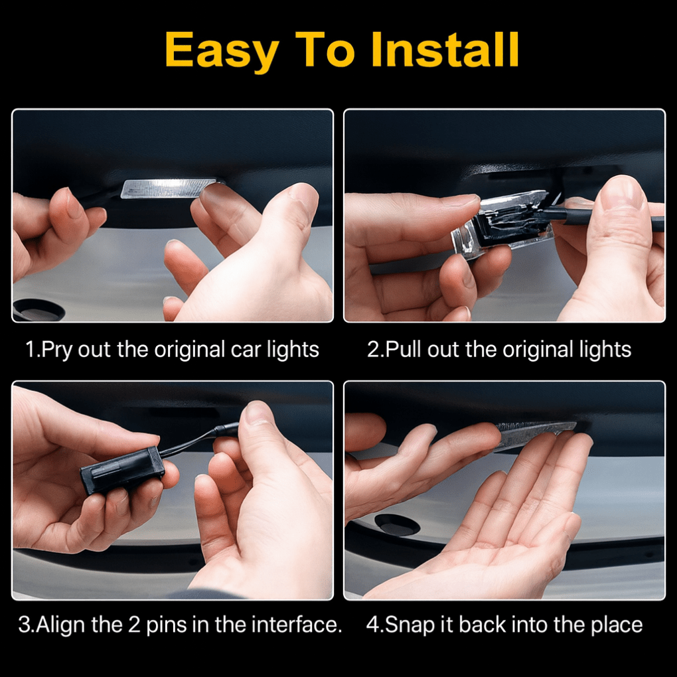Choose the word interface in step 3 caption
click(292, 625)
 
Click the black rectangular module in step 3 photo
click(121, 470)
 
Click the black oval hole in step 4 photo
click(397, 525)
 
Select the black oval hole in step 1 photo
click(38, 309)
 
